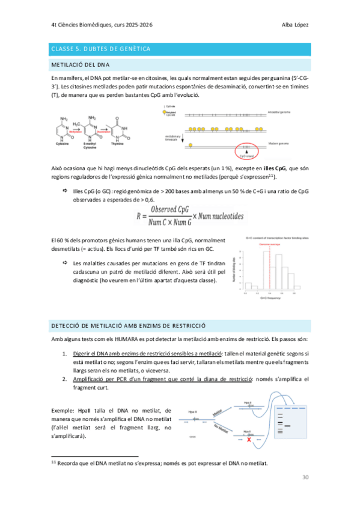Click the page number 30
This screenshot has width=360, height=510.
(305, 477)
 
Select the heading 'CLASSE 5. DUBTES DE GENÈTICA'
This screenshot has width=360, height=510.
(100, 48)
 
